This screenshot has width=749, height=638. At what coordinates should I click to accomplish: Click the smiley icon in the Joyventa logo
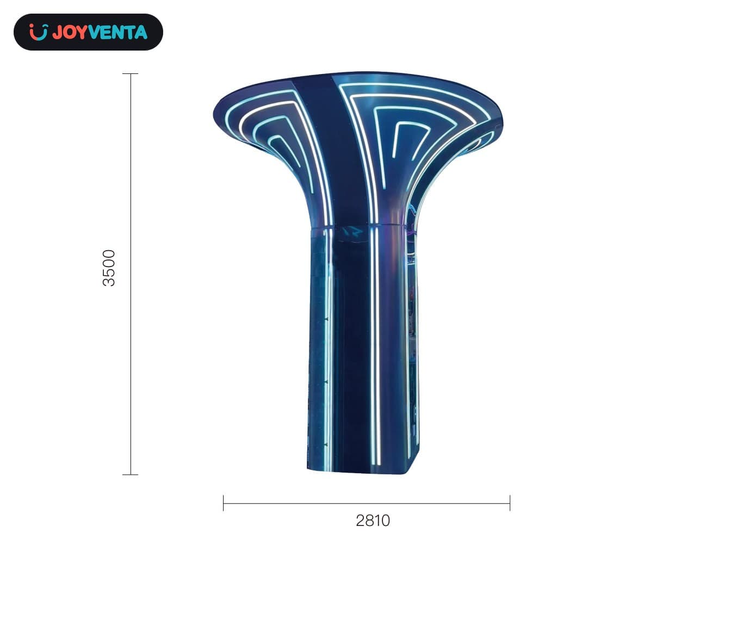point(39,32)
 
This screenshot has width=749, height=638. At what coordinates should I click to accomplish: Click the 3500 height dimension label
point(109,268)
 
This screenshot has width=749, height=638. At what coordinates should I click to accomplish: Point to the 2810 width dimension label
point(373,521)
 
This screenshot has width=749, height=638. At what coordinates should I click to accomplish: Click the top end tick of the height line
point(130,73)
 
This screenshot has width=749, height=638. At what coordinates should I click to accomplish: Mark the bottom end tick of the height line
point(130,475)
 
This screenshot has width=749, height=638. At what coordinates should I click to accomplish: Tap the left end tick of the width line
point(223,503)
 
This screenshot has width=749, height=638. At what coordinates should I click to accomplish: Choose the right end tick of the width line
point(510,503)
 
